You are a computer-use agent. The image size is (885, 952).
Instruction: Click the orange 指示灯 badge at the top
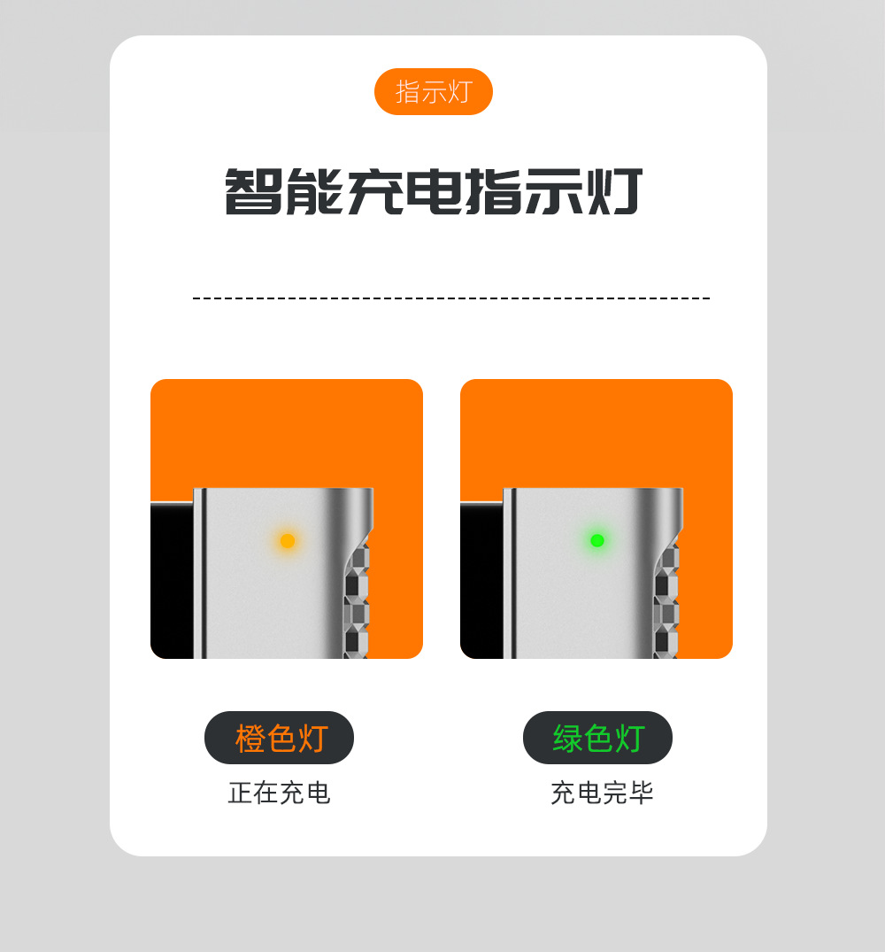coord(433,91)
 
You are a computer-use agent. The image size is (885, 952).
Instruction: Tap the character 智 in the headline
coord(253,191)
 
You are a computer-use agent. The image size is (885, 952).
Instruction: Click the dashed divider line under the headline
coord(451,298)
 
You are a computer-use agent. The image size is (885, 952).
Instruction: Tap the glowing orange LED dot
coord(288,540)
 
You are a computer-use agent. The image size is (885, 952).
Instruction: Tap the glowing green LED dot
coord(597,540)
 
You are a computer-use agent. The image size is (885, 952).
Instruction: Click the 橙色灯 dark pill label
coord(279,738)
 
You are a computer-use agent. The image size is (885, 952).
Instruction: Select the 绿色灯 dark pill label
coord(597,738)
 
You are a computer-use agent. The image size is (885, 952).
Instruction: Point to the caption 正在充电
coord(279,793)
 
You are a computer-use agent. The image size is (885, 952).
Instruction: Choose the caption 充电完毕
coord(602,793)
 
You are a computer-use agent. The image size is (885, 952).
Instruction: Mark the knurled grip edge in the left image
coord(357,602)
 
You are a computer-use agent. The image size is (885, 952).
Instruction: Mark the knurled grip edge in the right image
coord(666,602)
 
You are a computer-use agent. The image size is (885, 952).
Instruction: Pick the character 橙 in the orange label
coord(250,738)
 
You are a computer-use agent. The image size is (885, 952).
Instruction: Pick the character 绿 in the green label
coord(568,738)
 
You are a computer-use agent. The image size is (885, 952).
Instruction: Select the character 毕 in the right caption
coord(641,793)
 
